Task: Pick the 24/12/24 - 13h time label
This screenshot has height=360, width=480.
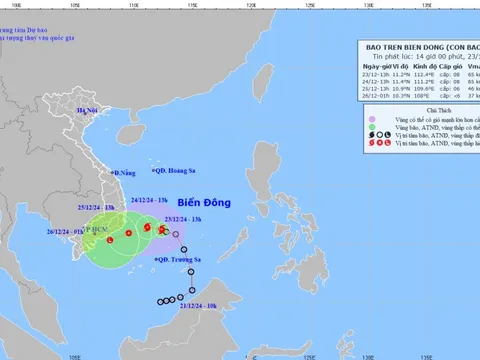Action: click(x=146, y=199)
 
